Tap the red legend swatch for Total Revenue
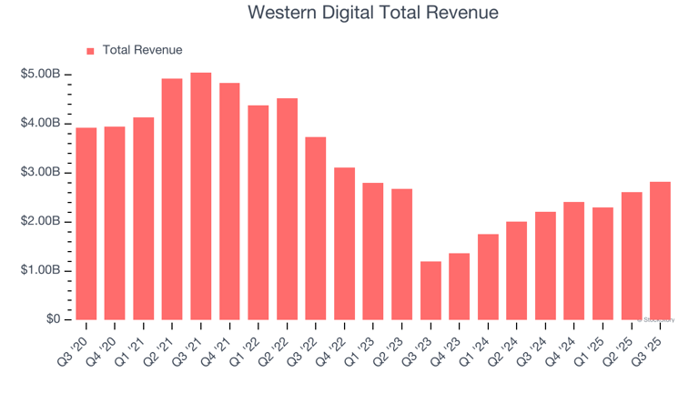tap(90, 51)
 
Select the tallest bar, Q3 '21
tap(201, 196)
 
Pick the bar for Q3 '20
tap(86, 224)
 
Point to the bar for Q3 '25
tap(660, 250)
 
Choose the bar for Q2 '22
tap(287, 208)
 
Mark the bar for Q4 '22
tap(344, 243)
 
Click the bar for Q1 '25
tap(603, 263)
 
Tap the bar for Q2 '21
tap(172, 198)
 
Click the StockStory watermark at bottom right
tap(658, 320)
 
